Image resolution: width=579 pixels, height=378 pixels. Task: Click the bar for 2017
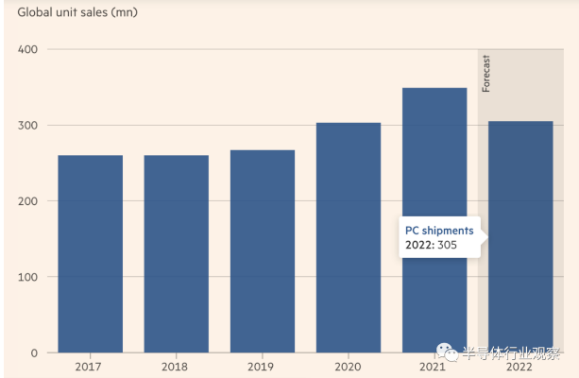[90, 253]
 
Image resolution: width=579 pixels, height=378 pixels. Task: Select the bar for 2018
[176, 253]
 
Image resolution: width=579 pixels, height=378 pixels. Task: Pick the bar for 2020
[349, 237]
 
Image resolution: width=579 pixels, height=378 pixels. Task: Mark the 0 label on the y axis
[33, 353]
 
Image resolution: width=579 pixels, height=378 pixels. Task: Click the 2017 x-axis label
[90, 368]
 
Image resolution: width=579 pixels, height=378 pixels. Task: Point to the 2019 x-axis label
[262, 368]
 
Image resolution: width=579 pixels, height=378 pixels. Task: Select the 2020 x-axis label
[349, 368]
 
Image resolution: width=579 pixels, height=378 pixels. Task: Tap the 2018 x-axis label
[176, 368]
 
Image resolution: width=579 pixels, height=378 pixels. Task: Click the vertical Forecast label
[487, 74]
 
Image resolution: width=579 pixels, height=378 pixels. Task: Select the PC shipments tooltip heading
[439, 231]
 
